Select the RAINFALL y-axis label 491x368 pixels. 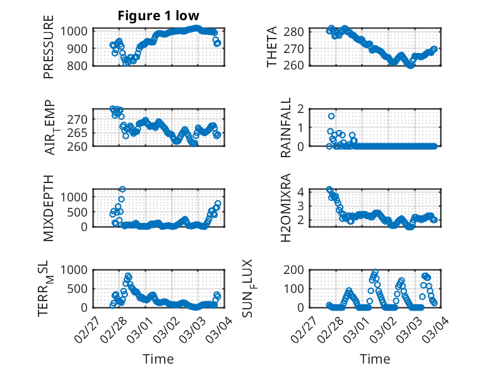(287, 127)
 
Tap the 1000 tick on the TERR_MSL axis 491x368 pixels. (74, 270)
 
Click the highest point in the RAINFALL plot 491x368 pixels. (331, 116)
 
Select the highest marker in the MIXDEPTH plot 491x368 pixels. (122, 189)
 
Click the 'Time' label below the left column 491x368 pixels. (158, 359)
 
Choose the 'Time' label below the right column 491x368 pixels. (375, 359)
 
